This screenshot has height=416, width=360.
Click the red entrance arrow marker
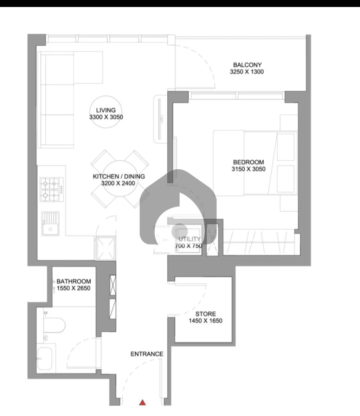point(143,402)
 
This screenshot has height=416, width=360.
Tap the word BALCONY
point(247,65)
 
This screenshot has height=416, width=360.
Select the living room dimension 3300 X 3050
point(106,117)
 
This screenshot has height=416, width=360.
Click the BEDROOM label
point(249,162)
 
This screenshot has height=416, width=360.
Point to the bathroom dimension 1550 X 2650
point(73,288)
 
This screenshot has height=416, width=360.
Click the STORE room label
point(205,314)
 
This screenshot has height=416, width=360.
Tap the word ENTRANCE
point(147,354)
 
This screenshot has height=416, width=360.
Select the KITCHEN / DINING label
point(119,176)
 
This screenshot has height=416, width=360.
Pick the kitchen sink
point(50,223)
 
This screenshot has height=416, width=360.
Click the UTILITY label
point(189,239)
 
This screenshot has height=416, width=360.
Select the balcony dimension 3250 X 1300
point(247,72)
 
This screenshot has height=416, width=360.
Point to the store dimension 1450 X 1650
point(205,321)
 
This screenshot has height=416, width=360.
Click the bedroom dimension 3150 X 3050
point(249,169)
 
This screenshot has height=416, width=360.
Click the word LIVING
point(106,110)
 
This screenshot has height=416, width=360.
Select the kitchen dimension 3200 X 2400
point(118,183)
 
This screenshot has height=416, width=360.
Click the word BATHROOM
point(74,281)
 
